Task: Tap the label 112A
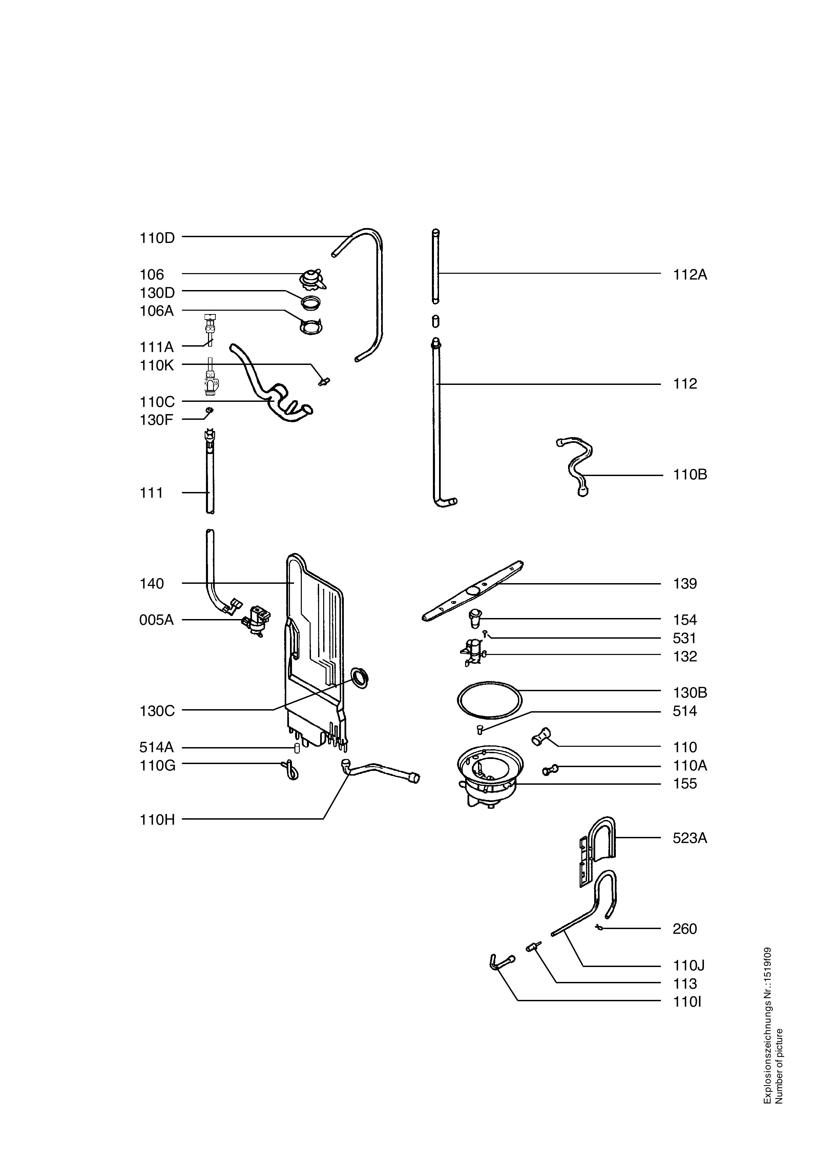(690, 275)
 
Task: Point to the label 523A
(690, 838)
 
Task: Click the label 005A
(157, 620)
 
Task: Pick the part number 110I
(687, 1002)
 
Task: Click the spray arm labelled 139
(473, 591)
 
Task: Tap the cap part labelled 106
(313, 279)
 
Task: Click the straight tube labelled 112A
(436, 266)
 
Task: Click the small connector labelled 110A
(549, 769)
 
